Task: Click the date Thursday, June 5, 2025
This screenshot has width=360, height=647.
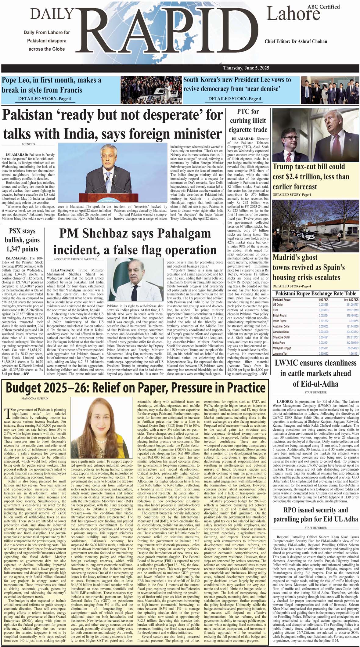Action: coord(246,68)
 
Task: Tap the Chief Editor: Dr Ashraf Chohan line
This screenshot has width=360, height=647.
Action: coord(296,42)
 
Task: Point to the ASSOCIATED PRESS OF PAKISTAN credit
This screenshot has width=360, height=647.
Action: coord(75,259)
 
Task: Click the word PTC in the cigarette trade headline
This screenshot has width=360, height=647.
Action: coord(243,112)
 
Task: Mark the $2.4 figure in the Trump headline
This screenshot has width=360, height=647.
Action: coord(297,177)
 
